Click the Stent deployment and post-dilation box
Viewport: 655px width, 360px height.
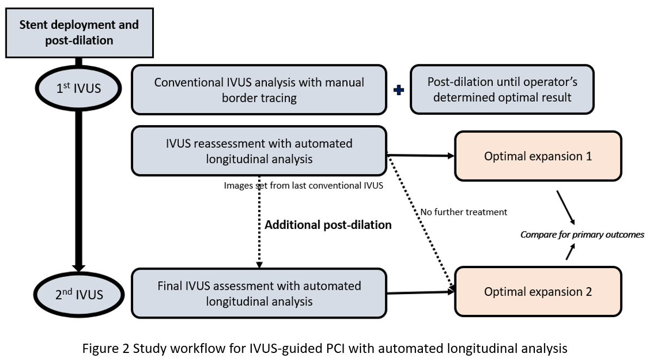click(79, 33)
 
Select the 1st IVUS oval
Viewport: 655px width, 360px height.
click(79, 88)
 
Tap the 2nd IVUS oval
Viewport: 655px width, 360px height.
click(79, 295)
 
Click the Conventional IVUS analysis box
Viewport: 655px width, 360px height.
click(259, 90)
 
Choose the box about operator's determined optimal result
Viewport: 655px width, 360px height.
click(502, 90)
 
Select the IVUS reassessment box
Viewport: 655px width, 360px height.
click(259, 151)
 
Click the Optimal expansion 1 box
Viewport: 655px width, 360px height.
click(538, 156)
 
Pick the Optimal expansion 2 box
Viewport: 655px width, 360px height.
click(538, 291)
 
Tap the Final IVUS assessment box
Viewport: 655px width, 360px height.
click(259, 293)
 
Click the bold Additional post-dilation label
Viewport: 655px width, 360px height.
click(328, 225)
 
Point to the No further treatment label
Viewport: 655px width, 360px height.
click(464, 212)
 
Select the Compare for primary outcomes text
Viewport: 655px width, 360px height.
click(582, 234)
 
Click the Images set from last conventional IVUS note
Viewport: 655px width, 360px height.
click(303, 185)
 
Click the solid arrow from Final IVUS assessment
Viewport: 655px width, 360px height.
click(421, 293)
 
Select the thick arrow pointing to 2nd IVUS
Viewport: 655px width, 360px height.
click(79, 190)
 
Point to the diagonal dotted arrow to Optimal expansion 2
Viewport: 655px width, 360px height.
click(422, 223)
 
